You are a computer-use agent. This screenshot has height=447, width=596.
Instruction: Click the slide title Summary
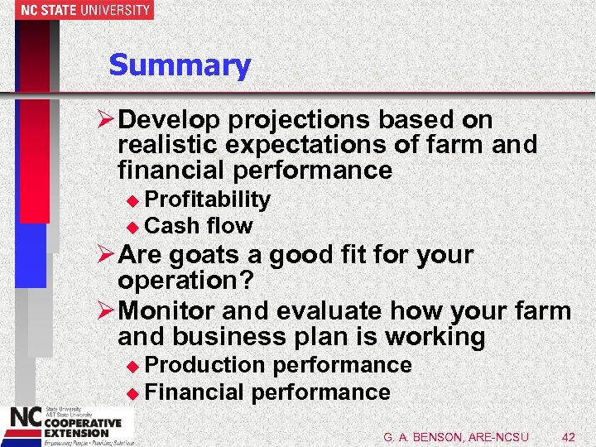point(179,65)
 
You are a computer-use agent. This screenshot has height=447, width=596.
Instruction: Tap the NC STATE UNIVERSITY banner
point(77,10)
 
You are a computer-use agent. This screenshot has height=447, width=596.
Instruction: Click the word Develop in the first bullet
point(169,120)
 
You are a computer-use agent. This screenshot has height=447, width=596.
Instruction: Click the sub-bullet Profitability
point(207,199)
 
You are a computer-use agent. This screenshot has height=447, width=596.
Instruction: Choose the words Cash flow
point(198,225)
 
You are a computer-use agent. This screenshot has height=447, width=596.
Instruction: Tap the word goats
point(205,255)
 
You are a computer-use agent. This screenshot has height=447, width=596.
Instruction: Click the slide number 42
point(568,435)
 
